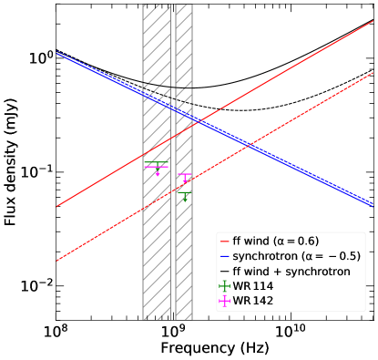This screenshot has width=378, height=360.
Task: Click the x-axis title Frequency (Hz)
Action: (215, 348)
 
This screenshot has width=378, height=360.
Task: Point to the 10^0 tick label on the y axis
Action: (40, 57)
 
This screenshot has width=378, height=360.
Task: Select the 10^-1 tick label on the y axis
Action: (37, 171)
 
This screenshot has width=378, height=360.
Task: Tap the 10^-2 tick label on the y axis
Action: (37, 286)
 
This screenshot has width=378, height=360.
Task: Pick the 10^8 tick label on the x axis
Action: (56, 330)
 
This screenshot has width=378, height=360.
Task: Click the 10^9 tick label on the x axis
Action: (173, 330)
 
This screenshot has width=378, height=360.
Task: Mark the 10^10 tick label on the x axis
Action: (290, 330)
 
